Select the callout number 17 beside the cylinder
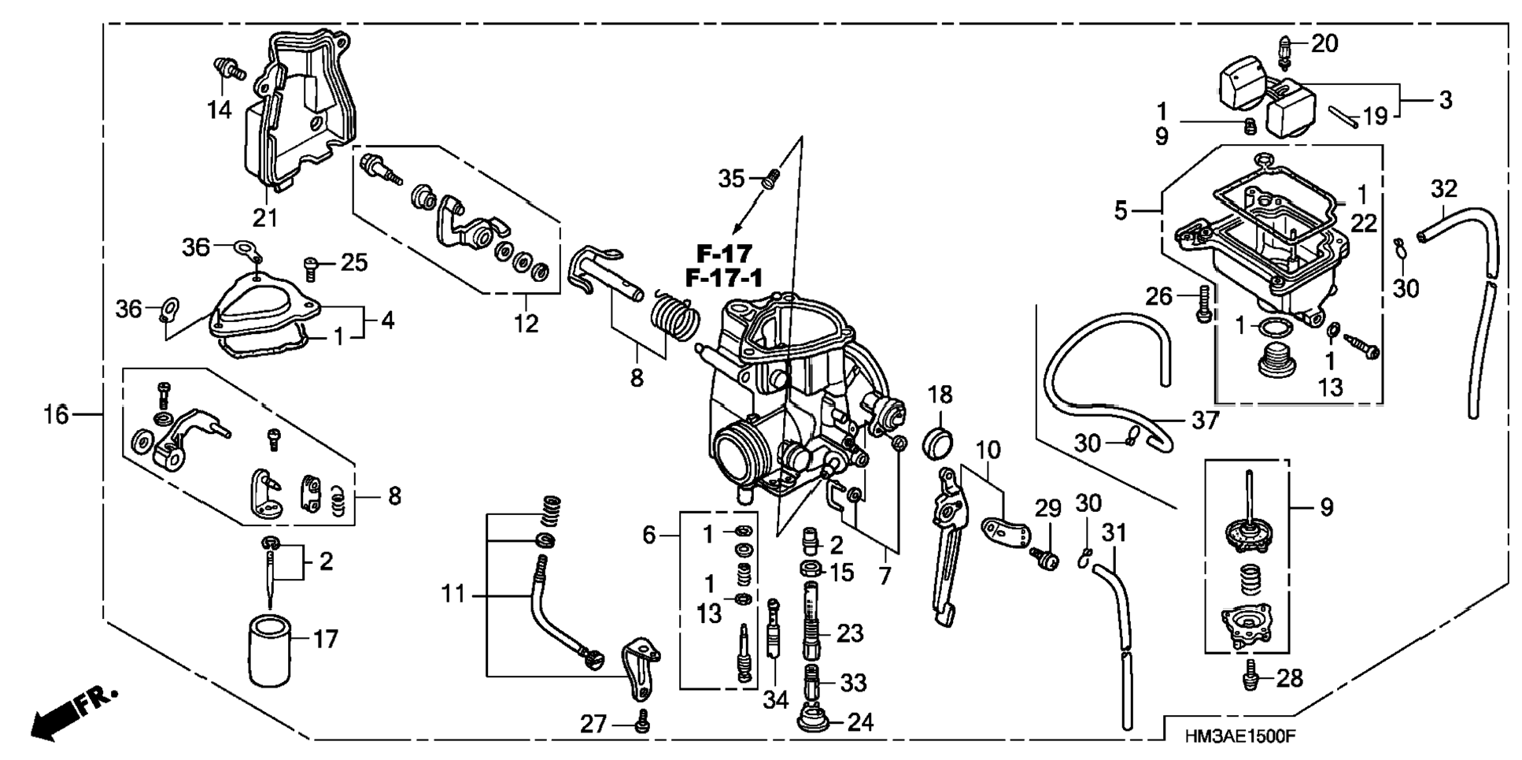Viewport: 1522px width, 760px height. (325, 639)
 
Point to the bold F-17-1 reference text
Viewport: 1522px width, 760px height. (724, 278)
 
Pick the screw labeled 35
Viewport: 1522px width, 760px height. (771, 179)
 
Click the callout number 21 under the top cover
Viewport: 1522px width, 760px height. (264, 217)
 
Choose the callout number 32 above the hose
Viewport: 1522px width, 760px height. (1443, 189)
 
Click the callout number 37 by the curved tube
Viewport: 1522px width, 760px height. (1205, 421)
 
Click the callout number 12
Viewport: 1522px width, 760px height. (526, 323)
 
